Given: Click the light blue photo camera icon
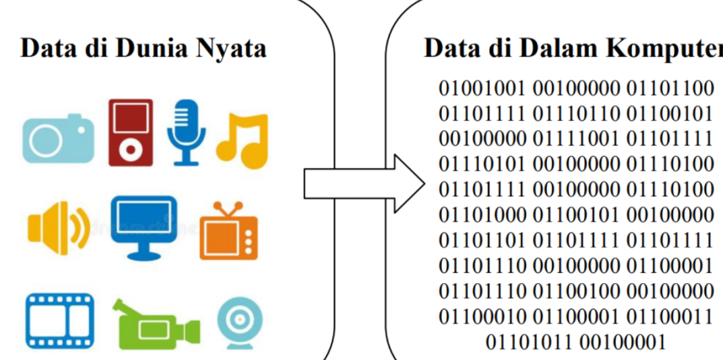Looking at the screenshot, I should point(58,139).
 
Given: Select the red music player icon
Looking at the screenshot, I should point(131,132).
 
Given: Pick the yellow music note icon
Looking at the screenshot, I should point(243,140).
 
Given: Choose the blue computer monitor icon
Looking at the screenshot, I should point(144,227).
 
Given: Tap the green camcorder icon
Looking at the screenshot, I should point(156,323).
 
